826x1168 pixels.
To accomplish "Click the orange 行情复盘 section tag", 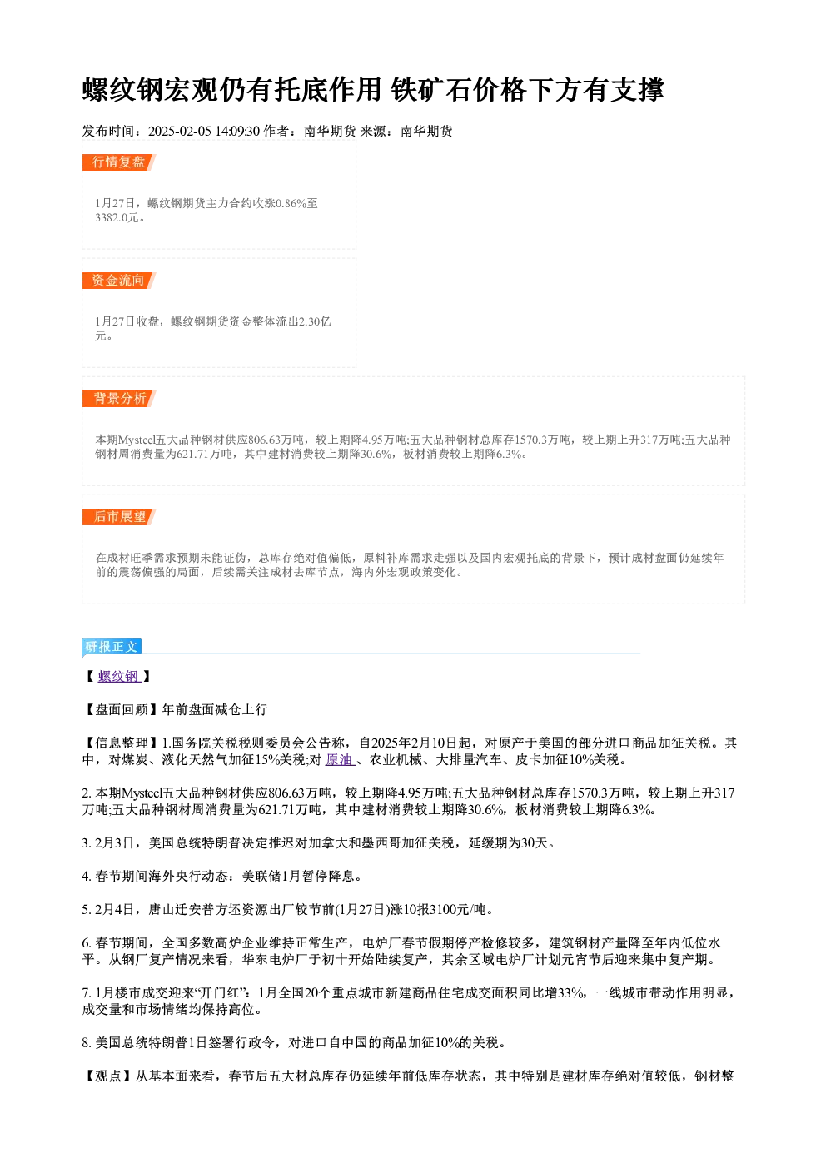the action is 118,162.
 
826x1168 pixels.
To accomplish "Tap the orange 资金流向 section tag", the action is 118,281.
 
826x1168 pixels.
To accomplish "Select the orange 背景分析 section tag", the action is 118,399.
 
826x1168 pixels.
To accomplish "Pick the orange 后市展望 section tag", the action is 118,517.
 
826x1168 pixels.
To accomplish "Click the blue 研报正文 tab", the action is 112,647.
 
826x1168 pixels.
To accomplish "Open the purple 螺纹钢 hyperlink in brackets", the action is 119,676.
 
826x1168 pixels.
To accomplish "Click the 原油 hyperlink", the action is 340,760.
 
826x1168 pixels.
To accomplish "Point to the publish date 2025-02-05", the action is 179,131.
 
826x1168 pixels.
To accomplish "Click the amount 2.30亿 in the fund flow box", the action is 315,321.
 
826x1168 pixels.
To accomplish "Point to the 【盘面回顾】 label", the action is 122,709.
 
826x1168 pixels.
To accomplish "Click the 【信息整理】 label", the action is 122,743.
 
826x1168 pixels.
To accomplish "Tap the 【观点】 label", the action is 108,1076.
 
